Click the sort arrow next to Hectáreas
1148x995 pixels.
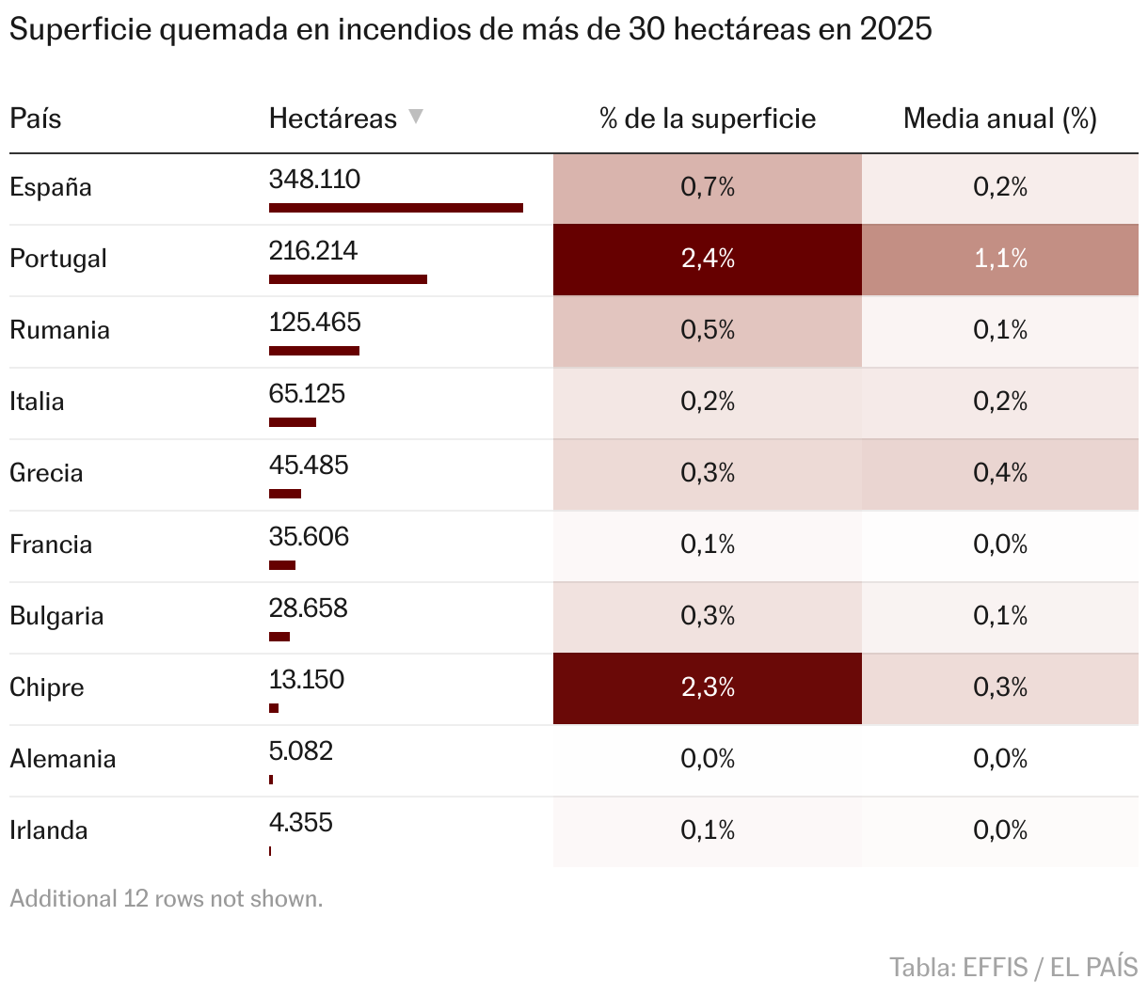click(x=416, y=118)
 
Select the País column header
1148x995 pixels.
click(x=36, y=119)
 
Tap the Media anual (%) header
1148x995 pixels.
click(x=999, y=119)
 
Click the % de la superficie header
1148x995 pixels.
click(x=708, y=119)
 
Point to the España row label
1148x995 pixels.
click(x=51, y=187)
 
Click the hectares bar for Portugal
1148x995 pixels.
click(x=348, y=279)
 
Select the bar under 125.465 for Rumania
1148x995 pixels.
click(x=314, y=351)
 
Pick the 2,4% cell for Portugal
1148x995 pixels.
click(x=708, y=260)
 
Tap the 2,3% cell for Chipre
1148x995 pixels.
click(x=708, y=688)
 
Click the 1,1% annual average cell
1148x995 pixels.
click(x=1000, y=260)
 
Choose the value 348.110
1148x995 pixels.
click(x=314, y=180)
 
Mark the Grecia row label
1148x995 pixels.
click(x=46, y=473)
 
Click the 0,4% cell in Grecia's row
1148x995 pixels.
click(x=1000, y=474)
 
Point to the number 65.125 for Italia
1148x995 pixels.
click(x=307, y=394)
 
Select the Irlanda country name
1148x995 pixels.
click(x=49, y=830)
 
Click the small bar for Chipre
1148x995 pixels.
click(x=274, y=708)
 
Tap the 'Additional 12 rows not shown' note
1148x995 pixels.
click(x=167, y=899)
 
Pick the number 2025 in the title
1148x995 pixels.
click(x=896, y=30)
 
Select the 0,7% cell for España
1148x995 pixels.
click(x=708, y=188)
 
